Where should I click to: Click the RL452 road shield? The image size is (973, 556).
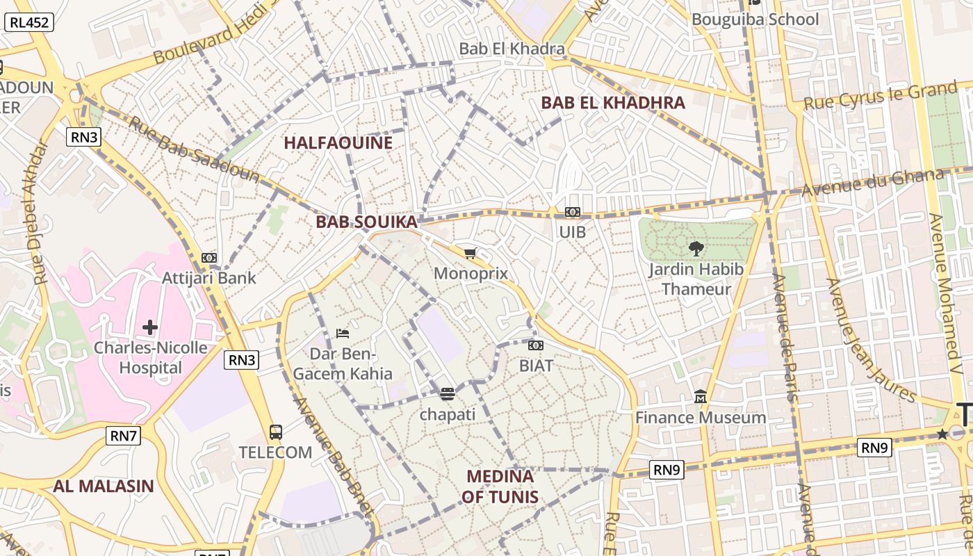pyautogui.click(x=29, y=22)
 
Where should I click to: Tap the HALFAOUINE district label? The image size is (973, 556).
pyautogui.click(x=338, y=143)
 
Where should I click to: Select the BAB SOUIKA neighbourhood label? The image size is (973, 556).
pyautogui.click(x=366, y=222)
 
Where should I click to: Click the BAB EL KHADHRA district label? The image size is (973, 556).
pyautogui.click(x=612, y=103)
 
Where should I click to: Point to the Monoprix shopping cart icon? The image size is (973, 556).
pyautogui.click(x=471, y=253)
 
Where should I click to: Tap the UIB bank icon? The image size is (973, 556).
pyautogui.click(x=573, y=212)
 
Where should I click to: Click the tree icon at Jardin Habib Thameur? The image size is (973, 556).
pyautogui.click(x=696, y=248)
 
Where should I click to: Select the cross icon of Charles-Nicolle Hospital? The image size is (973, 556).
pyautogui.click(x=150, y=327)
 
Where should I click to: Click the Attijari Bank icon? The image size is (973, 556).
pyautogui.click(x=209, y=258)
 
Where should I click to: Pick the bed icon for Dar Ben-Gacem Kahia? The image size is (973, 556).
pyautogui.click(x=342, y=334)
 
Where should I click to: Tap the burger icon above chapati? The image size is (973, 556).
pyautogui.click(x=448, y=394)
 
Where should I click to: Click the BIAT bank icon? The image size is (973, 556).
pyautogui.click(x=536, y=345)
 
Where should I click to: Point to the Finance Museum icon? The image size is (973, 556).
pyautogui.click(x=701, y=397)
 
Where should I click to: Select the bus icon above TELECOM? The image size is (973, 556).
pyautogui.click(x=275, y=432)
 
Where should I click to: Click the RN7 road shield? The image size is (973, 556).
pyautogui.click(x=124, y=436)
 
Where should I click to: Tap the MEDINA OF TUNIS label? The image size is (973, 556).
pyautogui.click(x=500, y=486)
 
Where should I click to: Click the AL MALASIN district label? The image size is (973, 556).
pyautogui.click(x=104, y=486)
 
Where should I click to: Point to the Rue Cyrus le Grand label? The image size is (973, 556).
pyautogui.click(x=880, y=96)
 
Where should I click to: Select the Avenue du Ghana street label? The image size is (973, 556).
pyautogui.click(x=872, y=183)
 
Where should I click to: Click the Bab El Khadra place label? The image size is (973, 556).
pyautogui.click(x=512, y=49)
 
